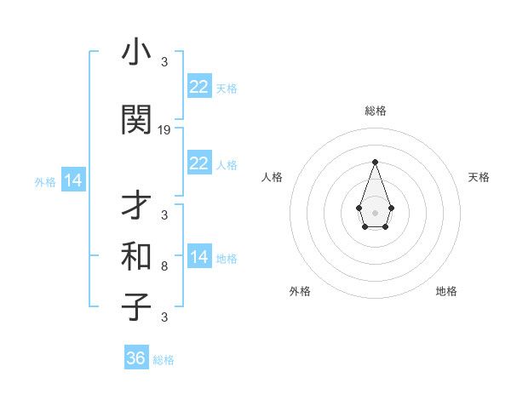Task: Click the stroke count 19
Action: (x=164, y=130)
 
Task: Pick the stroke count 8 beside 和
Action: (x=164, y=266)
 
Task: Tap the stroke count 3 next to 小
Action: (x=164, y=62)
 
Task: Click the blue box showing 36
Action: (x=136, y=358)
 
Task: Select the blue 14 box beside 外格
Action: (x=72, y=180)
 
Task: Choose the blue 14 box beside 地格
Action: (x=199, y=257)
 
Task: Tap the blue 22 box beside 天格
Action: (x=199, y=87)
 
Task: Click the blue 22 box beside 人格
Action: (x=199, y=163)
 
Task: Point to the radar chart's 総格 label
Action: (x=375, y=111)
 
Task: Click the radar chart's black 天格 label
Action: (x=479, y=177)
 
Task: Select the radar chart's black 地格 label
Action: (x=446, y=291)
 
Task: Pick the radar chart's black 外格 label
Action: (x=300, y=291)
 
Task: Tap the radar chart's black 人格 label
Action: (x=272, y=177)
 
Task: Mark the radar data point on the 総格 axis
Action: (x=375, y=162)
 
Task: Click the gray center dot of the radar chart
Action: (x=375, y=211)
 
